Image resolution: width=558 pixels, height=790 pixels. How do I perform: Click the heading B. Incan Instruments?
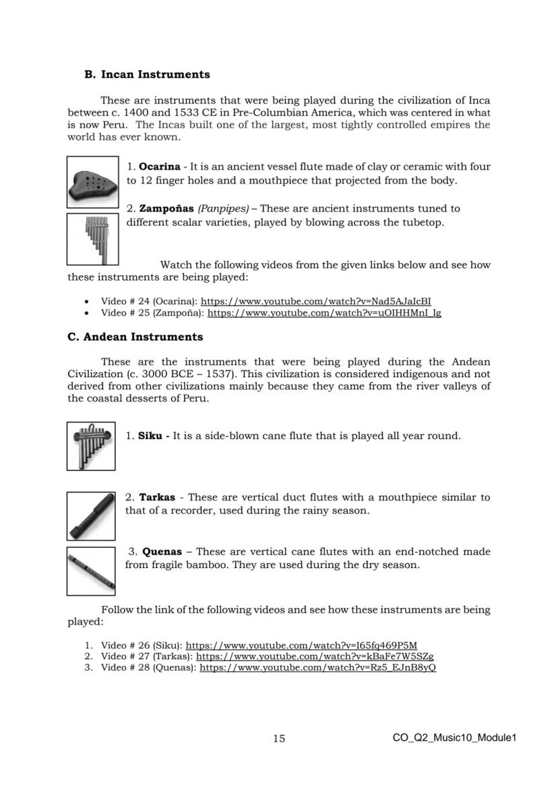point(147,75)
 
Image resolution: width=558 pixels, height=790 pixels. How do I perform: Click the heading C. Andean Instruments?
point(135,337)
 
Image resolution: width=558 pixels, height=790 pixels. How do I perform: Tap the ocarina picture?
point(93,181)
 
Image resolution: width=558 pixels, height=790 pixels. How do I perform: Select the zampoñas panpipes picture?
point(93,238)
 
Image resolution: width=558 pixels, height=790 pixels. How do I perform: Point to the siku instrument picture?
point(91,445)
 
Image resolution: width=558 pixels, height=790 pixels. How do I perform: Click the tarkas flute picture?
point(91,516)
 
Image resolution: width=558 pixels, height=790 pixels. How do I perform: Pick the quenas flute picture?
point(91,571)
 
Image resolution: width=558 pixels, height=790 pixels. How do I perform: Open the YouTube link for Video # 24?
point(315,302)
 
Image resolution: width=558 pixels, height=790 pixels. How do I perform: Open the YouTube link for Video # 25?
point(324,313)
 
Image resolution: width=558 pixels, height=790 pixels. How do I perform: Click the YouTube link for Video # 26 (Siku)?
point(301,645)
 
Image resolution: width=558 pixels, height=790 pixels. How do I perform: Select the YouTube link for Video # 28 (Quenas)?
point(318,667)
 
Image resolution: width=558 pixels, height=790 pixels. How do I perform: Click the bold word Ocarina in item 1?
point(159,167)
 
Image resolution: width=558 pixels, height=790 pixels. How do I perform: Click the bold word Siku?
point(150,436)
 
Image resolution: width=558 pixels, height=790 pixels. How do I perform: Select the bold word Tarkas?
point(156,497)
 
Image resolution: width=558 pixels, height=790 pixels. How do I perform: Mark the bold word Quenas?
point(162,552)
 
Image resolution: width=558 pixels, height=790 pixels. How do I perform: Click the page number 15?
point(279,739)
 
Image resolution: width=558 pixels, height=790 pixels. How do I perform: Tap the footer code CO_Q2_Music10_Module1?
point(454,738)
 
